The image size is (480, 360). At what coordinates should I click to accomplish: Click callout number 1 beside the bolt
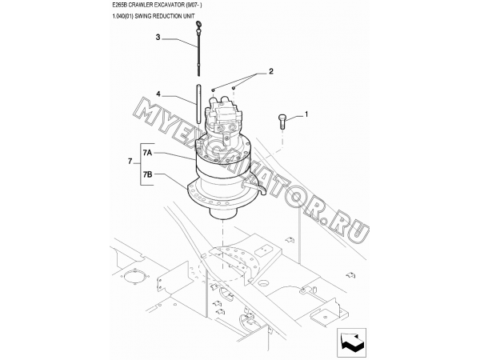[x=306, y=114]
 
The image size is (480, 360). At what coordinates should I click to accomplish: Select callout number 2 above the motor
[x=271, y=71]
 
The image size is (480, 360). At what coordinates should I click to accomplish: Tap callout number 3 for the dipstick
[x=158, y=38]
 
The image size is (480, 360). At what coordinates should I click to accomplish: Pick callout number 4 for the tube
[x=158, y=94]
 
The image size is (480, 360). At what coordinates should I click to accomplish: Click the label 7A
[x=147, y=152]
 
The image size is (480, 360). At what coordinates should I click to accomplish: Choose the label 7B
[x=147, y=174]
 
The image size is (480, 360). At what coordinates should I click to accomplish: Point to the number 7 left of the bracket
[x=130, y=161]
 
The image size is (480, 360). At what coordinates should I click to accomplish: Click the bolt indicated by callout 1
[x=282, y=122]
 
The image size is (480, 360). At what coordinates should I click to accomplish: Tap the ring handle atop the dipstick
[x=198, y=23]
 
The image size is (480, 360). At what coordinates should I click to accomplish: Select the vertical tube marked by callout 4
[x=198, y=104]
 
